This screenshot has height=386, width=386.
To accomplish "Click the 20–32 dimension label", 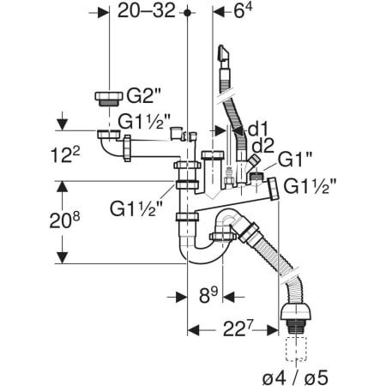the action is (147, 11).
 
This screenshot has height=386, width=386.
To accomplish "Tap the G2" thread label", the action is (144, 96).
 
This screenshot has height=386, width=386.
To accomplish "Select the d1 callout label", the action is (257, 130).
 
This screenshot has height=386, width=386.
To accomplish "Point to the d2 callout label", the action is (263, 146).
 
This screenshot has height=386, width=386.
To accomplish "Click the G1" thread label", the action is (295, 160).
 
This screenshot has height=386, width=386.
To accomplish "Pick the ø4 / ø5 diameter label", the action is (295, 377).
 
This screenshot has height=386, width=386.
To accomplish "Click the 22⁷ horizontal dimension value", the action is (238, 329).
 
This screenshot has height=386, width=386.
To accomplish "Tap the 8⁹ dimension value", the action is (208, 295).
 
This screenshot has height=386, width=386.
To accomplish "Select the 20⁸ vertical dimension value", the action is (64, 220).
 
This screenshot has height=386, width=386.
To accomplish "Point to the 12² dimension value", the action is (65, 155).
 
